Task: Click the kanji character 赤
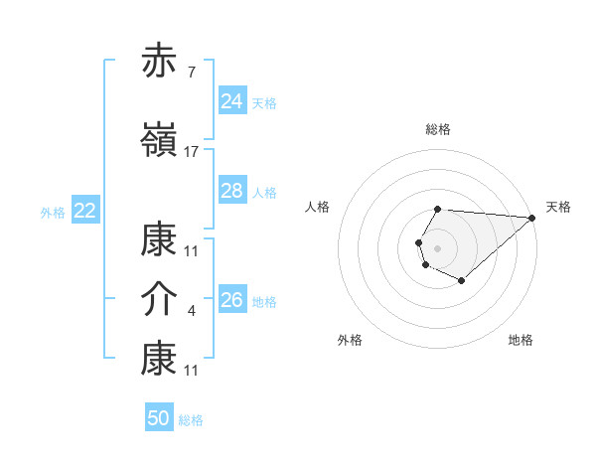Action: click(x=159, y=62)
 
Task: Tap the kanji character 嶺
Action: click(x=159, y=141)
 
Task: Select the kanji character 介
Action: click(x=159, y=300)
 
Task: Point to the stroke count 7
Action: click(x=191, y=72)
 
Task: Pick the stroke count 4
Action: click(x=191, y=311)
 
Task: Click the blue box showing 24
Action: click(x=231, y=101)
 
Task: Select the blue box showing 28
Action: click(x=231, y=191)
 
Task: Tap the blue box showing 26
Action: click(x=231, y=300)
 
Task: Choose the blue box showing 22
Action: click(x=85, y=211)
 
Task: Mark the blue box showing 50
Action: click(x=158, y=418)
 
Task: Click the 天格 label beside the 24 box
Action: click(x=264, y=103)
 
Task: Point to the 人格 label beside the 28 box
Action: click(x=264, y=193)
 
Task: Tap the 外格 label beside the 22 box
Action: click(x=53, y=213)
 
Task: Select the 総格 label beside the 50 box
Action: click(x=191, y=420)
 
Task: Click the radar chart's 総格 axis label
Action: click(x=438, y=130)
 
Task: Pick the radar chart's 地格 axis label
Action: click(x=521, y=341)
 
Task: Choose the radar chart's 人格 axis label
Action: click(x=317, y=207)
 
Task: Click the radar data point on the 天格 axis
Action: click(x=531, y=218)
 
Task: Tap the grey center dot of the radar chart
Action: click(x=437, y=246)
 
